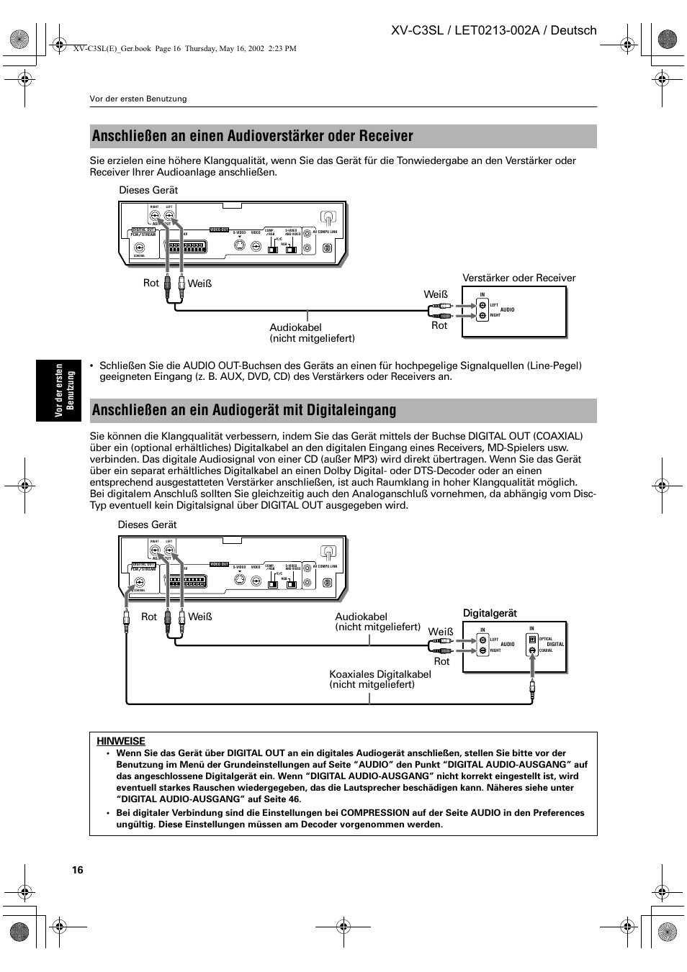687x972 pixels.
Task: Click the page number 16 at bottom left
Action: [x=78, y=870]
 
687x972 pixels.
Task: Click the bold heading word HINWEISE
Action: [x=121, y=741]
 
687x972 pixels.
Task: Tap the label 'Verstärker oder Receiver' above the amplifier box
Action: [x=518, y=278]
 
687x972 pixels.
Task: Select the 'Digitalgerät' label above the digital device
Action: [x=490, y=613]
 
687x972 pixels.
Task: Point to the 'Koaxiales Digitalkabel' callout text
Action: [x=380, y=674]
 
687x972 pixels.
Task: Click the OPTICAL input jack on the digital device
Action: [x=532, y=639]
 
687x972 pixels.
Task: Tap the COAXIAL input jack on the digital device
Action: [x=532, y=650]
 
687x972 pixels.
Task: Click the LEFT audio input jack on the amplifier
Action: [x=482, y=304]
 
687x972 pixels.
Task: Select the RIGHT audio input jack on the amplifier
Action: [x=482, y=316]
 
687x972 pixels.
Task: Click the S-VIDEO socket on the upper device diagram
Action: [x=239, y=245]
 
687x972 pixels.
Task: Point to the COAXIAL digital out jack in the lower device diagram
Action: [x=140, y=583]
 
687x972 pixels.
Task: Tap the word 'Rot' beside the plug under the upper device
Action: [x=151, y=283]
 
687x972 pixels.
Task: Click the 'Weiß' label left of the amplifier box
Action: [x=436, y=294]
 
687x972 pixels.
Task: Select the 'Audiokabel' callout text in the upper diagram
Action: [x=296, y=327]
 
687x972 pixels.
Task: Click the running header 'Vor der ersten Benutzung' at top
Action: [x=138, y=99]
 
